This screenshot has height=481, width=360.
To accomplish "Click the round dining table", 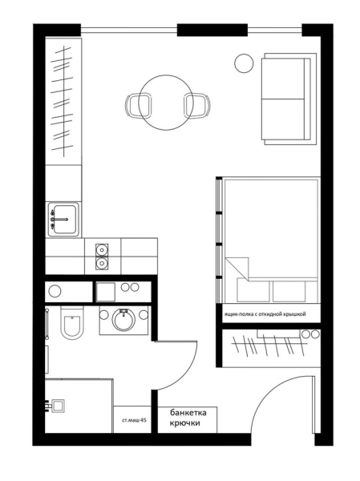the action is pyautogui.click(x=165, y=103).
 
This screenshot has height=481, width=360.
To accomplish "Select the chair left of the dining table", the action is pyautogui.click(x=139, y=106).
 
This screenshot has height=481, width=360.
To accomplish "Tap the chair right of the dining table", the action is pyautogui.click(x=197, y=106).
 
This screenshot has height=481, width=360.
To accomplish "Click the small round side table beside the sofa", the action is pyautogui.click(x=244, y=63).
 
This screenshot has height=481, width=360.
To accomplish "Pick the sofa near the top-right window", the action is pyautogui.click(x=289, y=99).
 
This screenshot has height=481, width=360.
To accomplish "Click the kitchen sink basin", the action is pyautogui.click(x=64, y=220).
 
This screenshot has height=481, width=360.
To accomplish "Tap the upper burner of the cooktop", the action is pyautogui.click(x=102, y=249).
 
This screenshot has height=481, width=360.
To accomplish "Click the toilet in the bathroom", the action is pyautogui.click(x=72, y=322).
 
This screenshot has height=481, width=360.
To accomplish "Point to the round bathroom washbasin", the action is pyautogui.click(x=123, y=320).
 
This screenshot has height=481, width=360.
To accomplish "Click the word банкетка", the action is pyautogui.click(x=188, y=413).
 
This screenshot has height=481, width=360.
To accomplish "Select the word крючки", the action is pyautogui.click(x=185, y=423).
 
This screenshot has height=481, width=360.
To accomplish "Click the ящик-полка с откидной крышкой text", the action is pyautogui.click(x=265, y=314).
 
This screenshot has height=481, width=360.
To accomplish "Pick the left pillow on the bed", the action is pyautogui.click(x=253, y=290).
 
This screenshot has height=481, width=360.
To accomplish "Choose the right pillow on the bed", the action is pyautogui.click(x=289, y=291).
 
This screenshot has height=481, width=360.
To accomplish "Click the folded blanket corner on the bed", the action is pyautogui.click(x=237, y=268).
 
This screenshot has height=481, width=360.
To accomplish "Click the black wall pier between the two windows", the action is pyautogui.click(x=212, y=30).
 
